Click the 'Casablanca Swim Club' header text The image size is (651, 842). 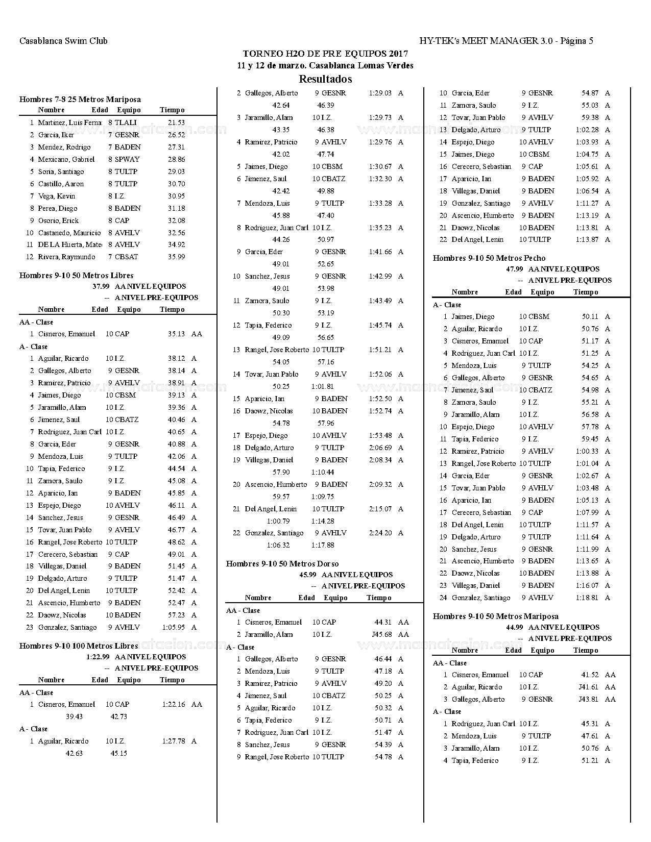tap(63, 41)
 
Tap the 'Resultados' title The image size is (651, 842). tap(325, 79)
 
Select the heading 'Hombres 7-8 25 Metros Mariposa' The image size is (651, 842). tap(80, 99)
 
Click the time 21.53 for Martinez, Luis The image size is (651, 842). tap(176, 122)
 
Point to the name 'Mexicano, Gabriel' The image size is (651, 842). tap(66, 159)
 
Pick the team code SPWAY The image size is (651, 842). tap(127, 159)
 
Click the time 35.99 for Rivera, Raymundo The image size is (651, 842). tap(176, 257)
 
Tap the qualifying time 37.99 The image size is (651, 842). tap(100, 286)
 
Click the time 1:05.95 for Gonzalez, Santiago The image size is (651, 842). tap(174, 627)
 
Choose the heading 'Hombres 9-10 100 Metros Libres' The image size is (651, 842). tap(79, 646)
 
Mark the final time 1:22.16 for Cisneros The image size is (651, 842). tap(174, 704)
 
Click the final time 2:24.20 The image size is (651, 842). tap(380, 533)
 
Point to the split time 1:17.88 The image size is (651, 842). tap(323, 545)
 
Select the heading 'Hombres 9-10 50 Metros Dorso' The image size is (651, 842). tap(283, 564)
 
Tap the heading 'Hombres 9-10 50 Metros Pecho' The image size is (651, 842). tap(489, 258)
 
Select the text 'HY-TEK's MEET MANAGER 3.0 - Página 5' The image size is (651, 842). tap(506, 41)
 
